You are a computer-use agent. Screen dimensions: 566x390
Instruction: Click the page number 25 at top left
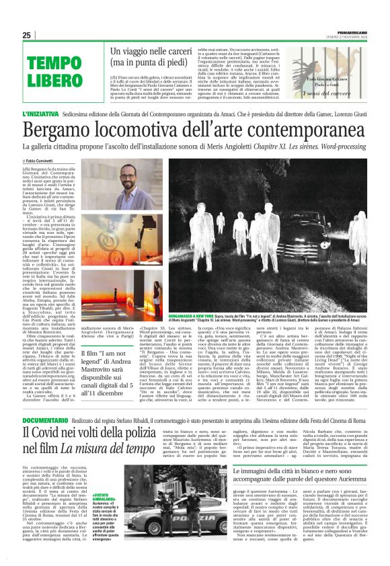click(27, 35)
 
